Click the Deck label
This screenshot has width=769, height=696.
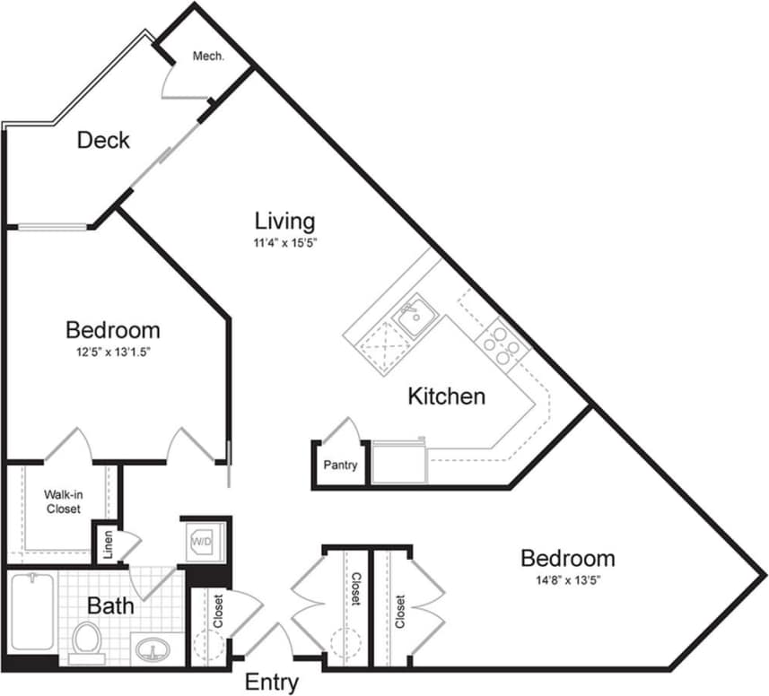coord(103,140)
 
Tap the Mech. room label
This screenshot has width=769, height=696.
coord(207,56)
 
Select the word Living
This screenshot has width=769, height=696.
coord(284,220)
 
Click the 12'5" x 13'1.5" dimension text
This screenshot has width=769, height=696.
coord(113,352)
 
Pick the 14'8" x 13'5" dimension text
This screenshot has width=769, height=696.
coord(567,580)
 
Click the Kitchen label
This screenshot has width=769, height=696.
coord(447,396)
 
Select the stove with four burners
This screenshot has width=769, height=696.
coord(500,344)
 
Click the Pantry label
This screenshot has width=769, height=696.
coord(341,465)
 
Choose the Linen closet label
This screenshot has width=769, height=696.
coord(107,548)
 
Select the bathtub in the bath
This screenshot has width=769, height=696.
coord(31,617)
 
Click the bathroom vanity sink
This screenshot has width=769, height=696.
coord(156,648)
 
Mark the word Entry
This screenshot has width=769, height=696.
coord(272,683)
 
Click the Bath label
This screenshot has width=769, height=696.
coord(111,605)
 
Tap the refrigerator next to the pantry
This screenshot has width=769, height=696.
coord(399,462)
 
